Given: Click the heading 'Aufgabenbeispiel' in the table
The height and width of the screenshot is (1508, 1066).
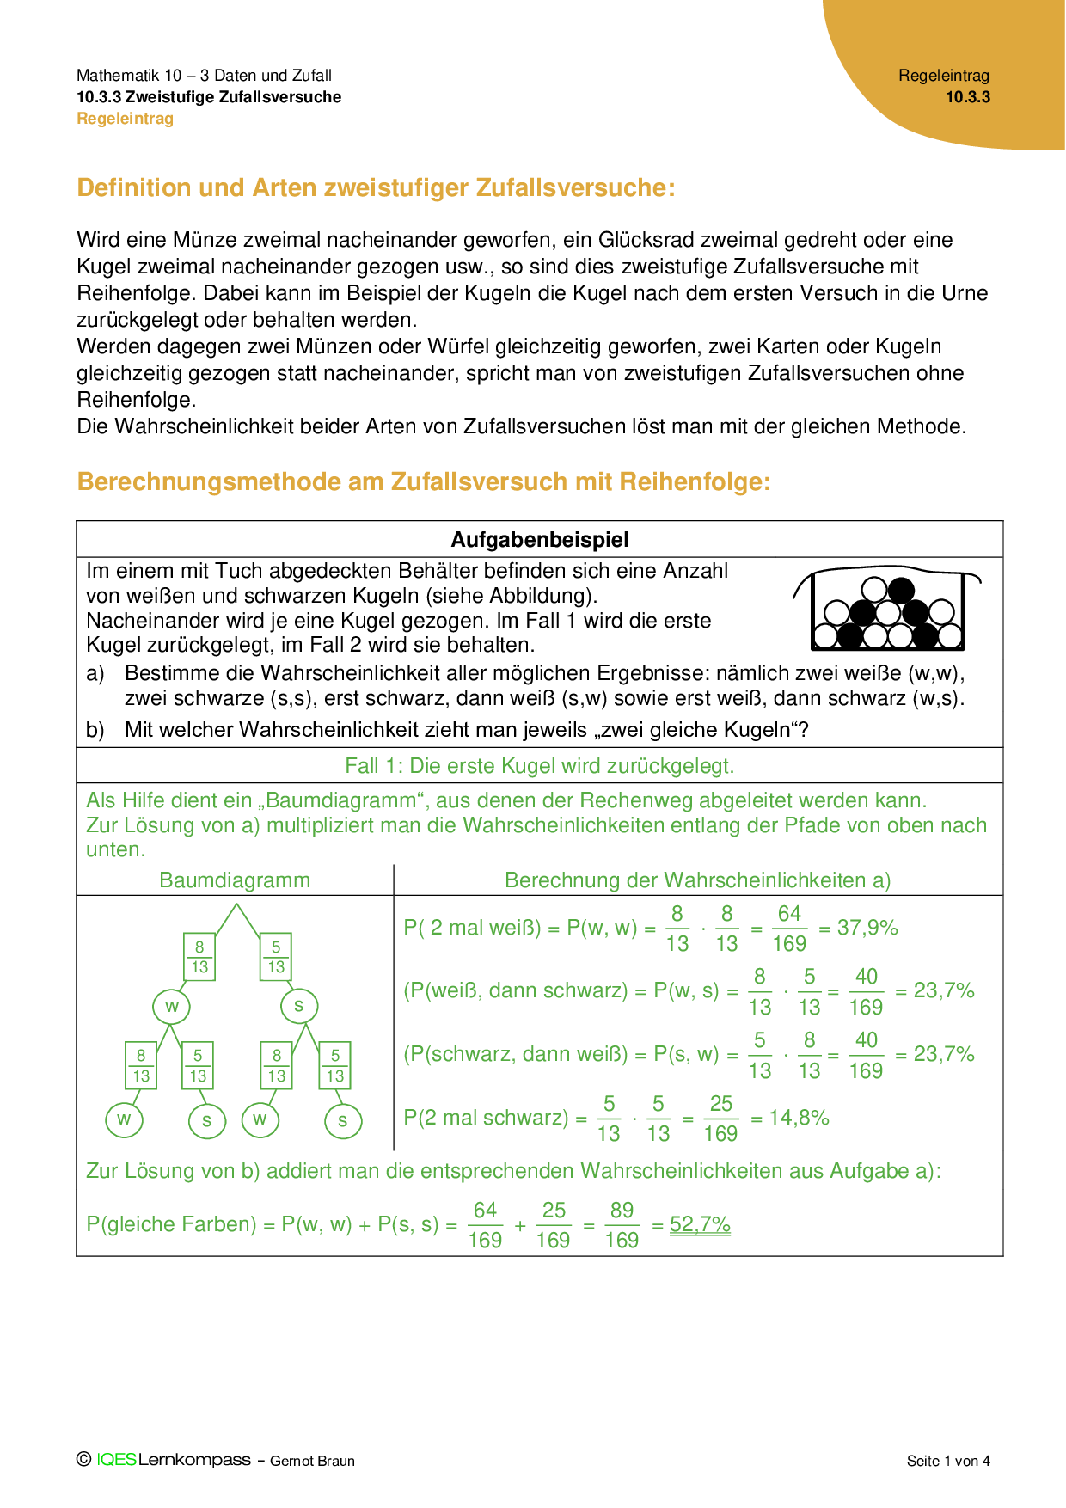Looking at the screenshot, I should [x=540, y=540].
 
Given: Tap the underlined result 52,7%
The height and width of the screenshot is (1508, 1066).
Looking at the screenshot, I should [x=700, y=1224].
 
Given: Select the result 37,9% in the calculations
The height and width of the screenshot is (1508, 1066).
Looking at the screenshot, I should [x=867, y=928].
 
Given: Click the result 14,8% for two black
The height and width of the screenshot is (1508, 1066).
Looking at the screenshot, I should [x=799, y=1118].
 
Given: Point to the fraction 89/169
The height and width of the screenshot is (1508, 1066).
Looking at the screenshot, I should [x=622, y=1225].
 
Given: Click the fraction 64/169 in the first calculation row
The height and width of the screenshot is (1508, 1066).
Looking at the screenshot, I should [x=789, y=929].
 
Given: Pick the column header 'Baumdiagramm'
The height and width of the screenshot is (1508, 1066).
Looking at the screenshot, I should [x=235, y=880].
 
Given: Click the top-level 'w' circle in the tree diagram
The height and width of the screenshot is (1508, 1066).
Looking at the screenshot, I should [x=172, y=1007].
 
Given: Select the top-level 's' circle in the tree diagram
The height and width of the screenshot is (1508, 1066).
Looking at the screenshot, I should [x=299, y=1006].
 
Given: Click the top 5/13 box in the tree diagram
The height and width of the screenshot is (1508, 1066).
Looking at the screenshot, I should [x=276, y=957].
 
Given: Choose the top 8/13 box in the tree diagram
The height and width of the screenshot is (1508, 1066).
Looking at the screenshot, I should [x=199, y=957].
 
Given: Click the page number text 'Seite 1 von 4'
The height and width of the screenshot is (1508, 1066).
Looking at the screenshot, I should [x=948, y=1461].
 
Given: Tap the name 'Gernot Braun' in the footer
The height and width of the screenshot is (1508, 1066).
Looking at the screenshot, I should [x=312, y=1461].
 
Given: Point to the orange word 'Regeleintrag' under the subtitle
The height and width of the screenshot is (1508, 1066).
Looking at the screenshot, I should [x=126, y=119].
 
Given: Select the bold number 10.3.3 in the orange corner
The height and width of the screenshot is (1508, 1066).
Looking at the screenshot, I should [x=968, y=97].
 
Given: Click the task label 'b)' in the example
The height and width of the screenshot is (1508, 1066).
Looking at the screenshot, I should [x=95, y=730].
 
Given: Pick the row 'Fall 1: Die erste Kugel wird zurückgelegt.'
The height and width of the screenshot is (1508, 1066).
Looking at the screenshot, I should [x=540, y=766].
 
